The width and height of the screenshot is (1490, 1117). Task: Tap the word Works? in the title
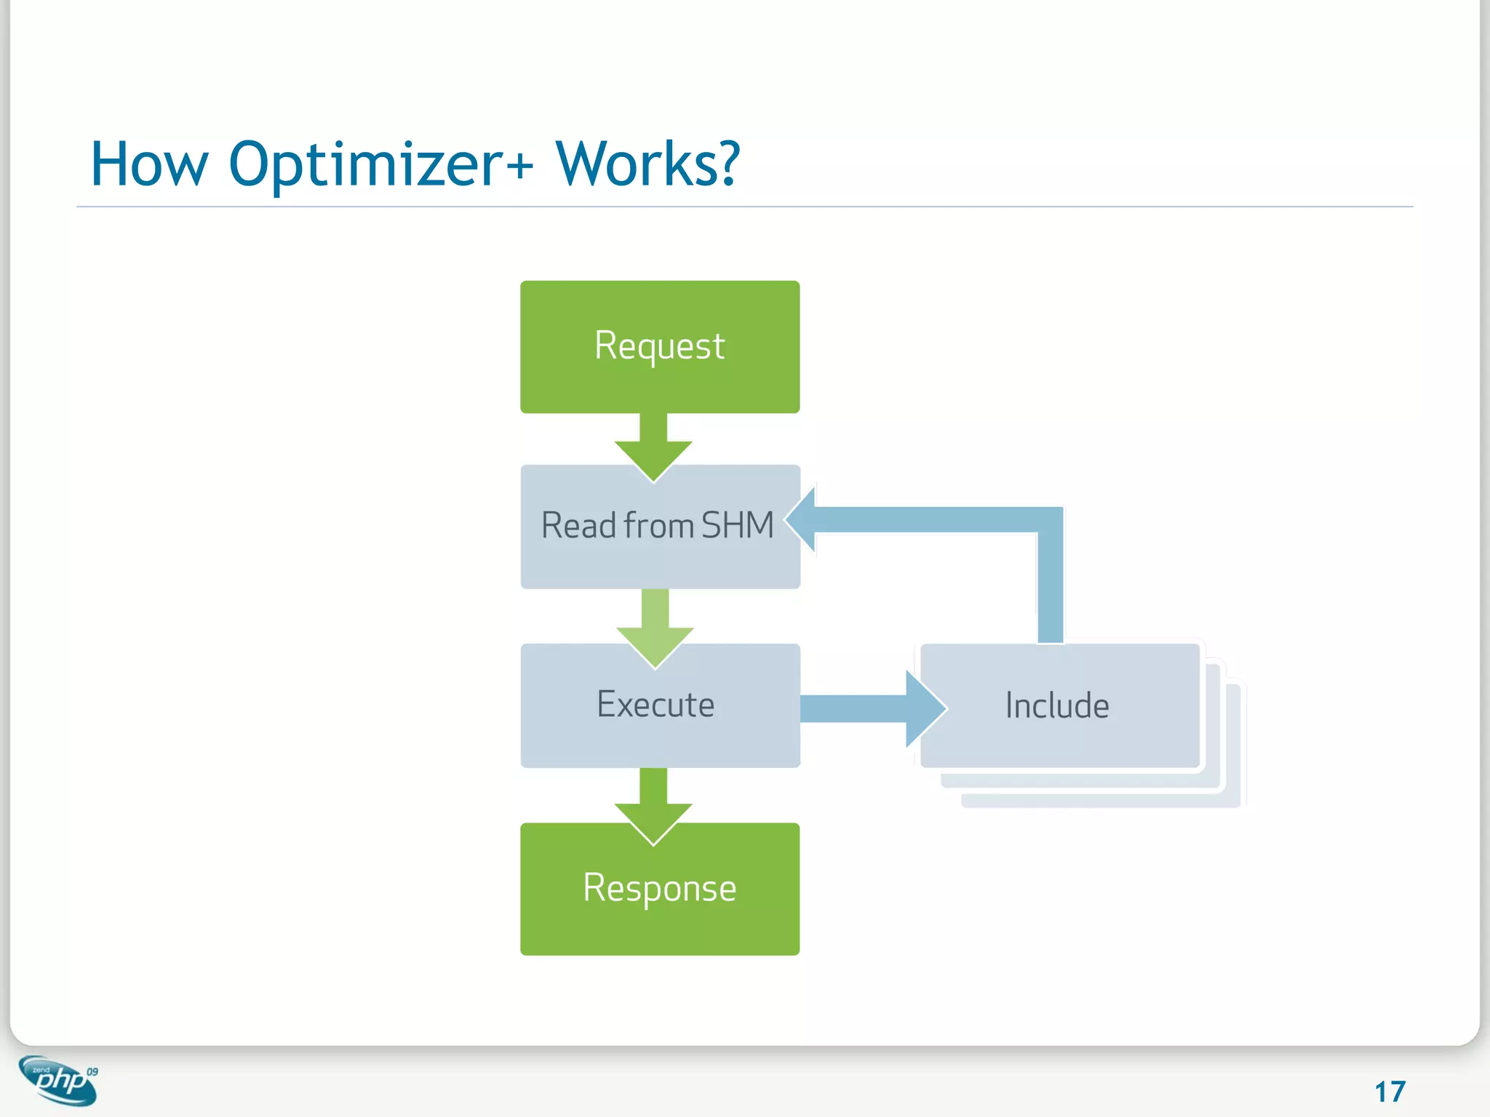tap(648, 165)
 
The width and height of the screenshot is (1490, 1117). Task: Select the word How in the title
tap(149, 165)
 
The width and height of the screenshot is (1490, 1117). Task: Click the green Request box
tap(660, 347)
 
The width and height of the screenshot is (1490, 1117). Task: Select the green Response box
tap(660, 889)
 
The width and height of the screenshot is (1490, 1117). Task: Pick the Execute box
tap(660, 705)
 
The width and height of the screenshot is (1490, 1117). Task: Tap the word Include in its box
tap(1057, 705)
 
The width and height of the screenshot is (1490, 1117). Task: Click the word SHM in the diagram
tap(737, 525)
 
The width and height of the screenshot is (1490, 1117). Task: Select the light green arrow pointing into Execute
tap(655, 625)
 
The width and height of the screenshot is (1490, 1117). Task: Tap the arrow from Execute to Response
tap(653, 804)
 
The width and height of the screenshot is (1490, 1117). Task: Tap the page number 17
tap(1390, 1092)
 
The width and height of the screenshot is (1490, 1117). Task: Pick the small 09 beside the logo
tap(92, 1072)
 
